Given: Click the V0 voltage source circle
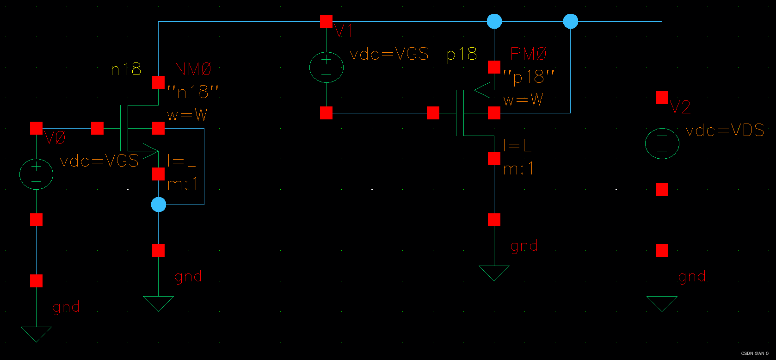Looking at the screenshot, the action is pos(36,174).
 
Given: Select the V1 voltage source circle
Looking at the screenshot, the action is pos(326,67).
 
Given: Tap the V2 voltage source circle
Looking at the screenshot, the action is pos(662,143).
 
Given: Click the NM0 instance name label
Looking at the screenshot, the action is pos(193,69).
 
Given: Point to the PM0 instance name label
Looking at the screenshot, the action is pos(528,54).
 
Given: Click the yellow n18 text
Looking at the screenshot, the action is pos(126,69).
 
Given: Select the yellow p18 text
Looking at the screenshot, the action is pos(462,55).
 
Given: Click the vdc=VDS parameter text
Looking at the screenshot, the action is pos(725,130).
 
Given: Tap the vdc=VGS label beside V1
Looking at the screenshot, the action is pos(389,54).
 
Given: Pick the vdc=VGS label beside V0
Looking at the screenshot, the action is pos(99,161).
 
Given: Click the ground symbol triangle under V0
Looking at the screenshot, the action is pos(36,333).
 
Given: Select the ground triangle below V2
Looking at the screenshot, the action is pos(662,303).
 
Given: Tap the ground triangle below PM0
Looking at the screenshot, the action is pos(494,272).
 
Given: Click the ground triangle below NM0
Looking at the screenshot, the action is pos(158,303).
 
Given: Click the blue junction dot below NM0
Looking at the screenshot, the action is pos(158,205).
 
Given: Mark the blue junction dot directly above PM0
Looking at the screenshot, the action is pos(494,21).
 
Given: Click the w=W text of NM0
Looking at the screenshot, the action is pos(187,115).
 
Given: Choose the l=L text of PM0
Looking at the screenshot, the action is pos(517,146).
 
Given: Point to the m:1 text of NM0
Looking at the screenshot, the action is pos(183,184).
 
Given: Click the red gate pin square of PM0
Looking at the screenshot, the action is pos(433,113).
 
